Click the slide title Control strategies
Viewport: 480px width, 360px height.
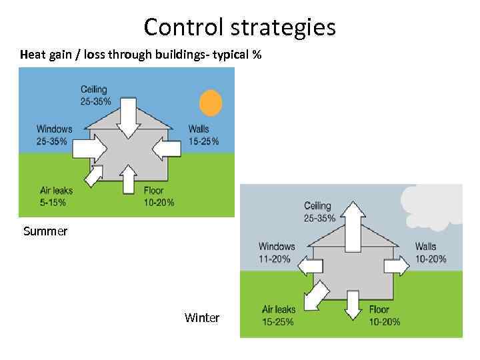tap(239, 27)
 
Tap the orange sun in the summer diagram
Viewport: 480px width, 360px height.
tap(211, 103)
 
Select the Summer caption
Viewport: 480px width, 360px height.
tap(45, 231)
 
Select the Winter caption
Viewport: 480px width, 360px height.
tap(202, 318)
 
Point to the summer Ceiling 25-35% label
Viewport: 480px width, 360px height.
tap(96, 95)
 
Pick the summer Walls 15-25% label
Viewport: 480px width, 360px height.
tap(203, 135)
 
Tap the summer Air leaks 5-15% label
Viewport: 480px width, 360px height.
tap(56, 196)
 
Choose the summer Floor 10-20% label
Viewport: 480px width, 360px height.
tap(159, 196)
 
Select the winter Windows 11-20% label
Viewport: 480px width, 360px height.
tap(277, 253)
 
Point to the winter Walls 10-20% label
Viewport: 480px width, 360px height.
tap(430, 253)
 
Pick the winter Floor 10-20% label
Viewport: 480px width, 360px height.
tap(385, 315)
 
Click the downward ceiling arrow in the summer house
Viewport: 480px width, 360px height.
tap(129, 117)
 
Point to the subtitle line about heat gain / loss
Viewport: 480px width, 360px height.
tap(141, 54)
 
